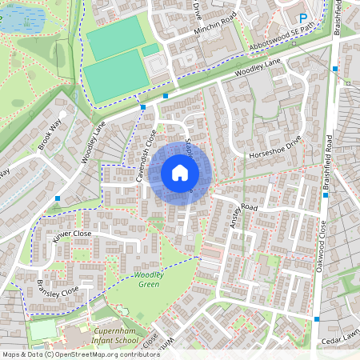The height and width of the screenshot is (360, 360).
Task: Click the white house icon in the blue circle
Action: [x=180, y=172]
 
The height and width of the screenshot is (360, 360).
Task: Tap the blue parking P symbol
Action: [x=303, y=18]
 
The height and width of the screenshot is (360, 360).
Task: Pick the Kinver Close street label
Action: [x=73, y=234]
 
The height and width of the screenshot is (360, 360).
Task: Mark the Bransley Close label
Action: [x=58, y=286]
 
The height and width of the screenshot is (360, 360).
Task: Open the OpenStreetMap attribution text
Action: [x=80, y=354]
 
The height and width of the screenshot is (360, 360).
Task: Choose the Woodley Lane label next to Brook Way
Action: [x=93, y=142]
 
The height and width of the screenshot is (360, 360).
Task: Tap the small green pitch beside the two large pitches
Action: [x=150, y=50]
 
